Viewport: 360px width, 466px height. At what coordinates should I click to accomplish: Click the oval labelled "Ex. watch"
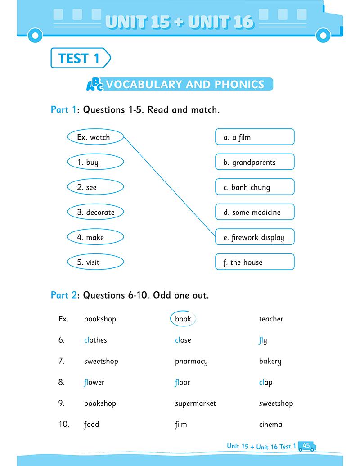[95, 137]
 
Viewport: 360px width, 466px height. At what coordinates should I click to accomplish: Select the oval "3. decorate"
[95, 212]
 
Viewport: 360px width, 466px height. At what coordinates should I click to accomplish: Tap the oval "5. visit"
[95, 262]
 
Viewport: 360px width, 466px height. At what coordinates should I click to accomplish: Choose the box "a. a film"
[255, 137]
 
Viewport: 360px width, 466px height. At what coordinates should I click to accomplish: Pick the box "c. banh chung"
[255, 187]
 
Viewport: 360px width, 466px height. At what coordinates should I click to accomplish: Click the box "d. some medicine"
[255, 212]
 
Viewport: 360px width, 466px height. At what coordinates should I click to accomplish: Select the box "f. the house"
[255, 262]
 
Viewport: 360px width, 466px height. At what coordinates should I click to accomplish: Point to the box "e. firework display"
[255, 237]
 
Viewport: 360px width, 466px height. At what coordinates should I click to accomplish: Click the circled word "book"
[183, 319]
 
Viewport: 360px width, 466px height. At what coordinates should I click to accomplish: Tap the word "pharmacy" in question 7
[191, 361]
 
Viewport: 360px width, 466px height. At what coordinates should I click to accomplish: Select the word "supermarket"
[195, 403]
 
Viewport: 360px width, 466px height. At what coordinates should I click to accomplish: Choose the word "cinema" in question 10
[270, 424]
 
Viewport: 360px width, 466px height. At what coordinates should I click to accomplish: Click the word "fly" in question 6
[263, 340]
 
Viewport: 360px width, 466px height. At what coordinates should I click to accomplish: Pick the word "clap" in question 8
[265, 382]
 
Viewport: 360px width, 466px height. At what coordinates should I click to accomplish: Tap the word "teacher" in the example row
[271, 319]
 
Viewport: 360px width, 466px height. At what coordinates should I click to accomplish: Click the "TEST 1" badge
[80, 58]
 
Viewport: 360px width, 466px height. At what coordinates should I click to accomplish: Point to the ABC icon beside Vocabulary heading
[94, 84]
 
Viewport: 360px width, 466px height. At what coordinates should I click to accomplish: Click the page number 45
[306, 445]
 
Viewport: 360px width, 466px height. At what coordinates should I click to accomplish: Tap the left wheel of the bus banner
[35, 34]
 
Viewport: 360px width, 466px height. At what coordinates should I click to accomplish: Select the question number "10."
[64, 424]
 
